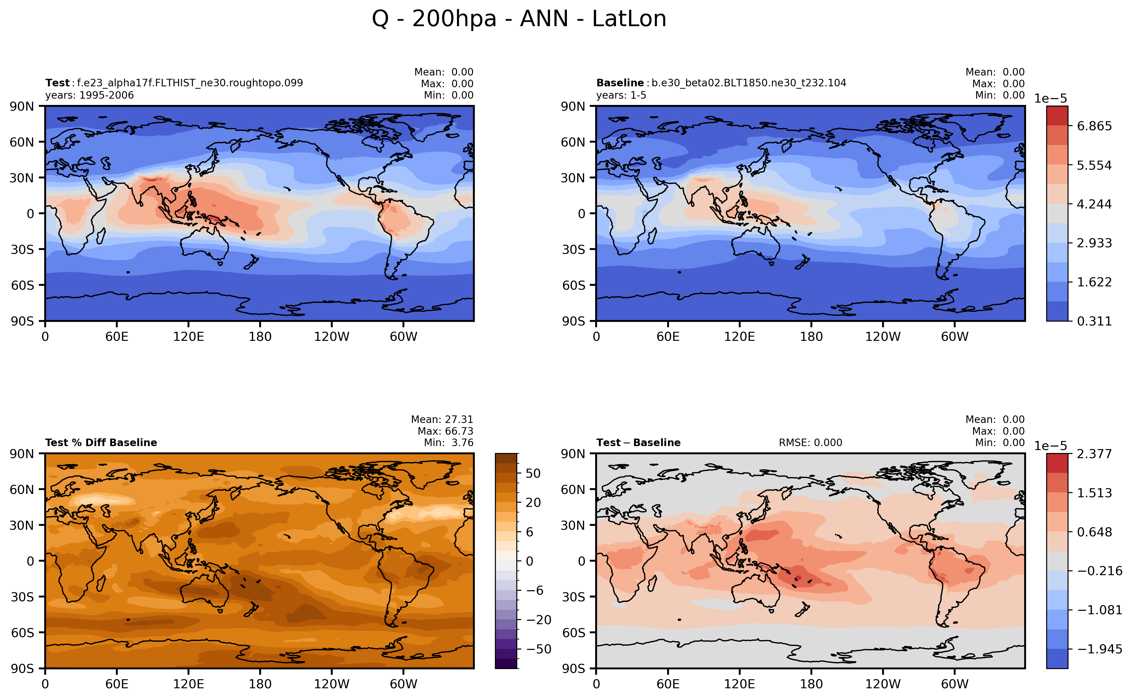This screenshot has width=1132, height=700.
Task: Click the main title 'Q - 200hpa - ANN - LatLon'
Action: (x=519, y=19)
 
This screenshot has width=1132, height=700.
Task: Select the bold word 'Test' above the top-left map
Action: (x=57, y=83)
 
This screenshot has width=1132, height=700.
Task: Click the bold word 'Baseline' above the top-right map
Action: (x=620, y=83)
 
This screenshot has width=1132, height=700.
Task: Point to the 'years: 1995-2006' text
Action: (x=89, y=95)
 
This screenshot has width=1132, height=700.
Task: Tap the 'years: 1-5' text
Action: (x=621, y=95)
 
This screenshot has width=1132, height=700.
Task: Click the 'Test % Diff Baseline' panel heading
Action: (x=101, y=443)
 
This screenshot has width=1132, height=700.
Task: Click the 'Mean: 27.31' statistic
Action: (x=442, y=419)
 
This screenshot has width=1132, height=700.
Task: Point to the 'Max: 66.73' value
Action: (x=445, y=431)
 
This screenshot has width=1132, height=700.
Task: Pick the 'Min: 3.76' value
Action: (x=448, y=443)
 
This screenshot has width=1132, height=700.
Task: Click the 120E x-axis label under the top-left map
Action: (x=188, y=337)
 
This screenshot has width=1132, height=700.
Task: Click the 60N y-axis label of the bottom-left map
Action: (x=22, y=489)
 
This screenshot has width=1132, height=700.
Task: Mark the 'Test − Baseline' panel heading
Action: (x=638, y=443)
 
